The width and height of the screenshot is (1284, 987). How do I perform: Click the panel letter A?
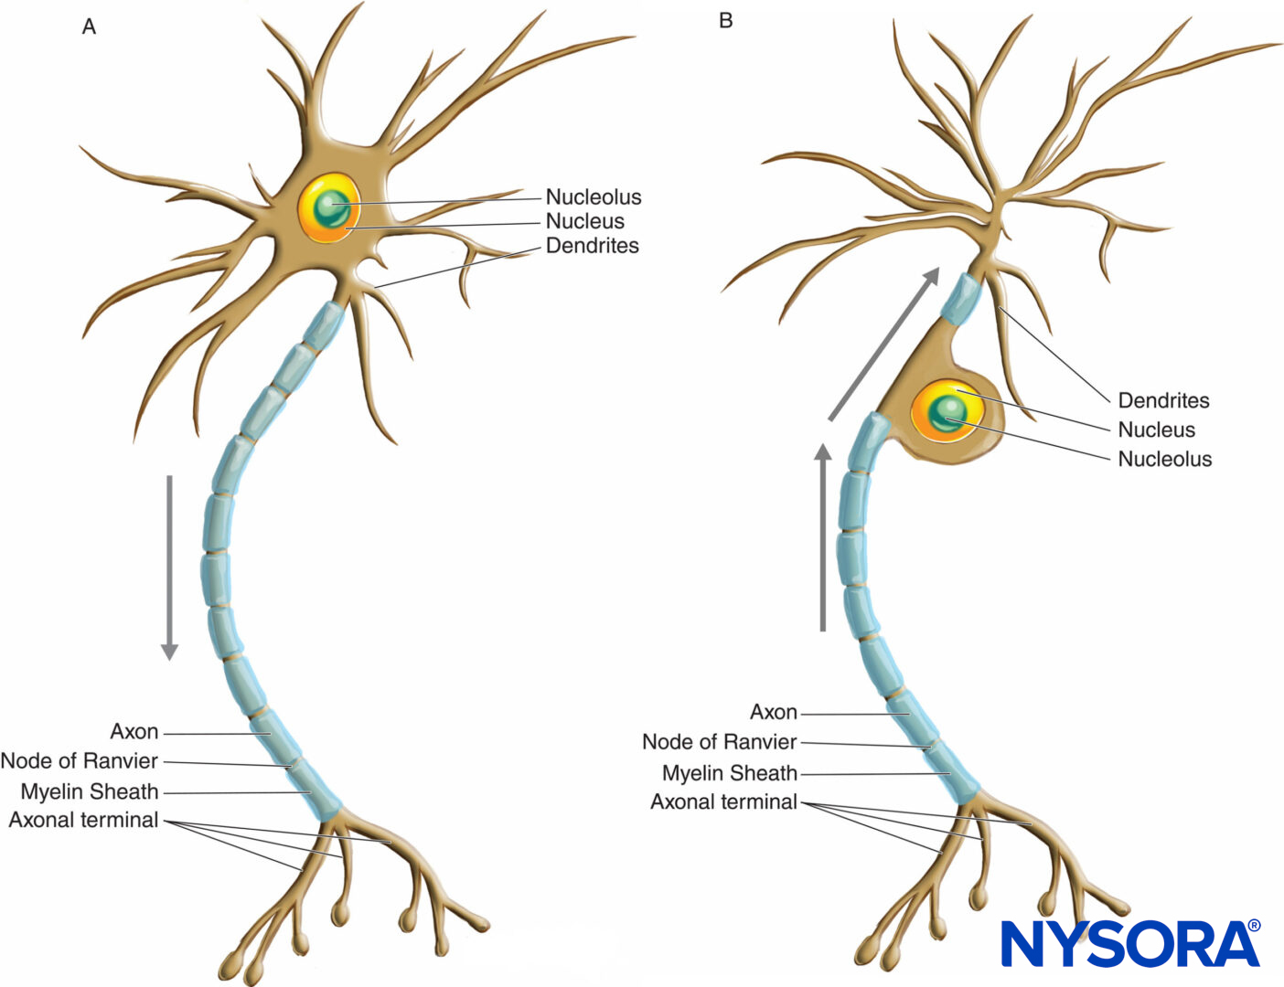coord(89,27)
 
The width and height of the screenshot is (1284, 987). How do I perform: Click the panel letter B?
coord(725,20)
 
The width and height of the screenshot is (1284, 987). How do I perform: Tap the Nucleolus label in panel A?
coord(593,196)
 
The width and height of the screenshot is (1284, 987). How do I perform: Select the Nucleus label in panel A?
coord(584,221)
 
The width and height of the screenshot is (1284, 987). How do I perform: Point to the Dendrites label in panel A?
coord(592,246)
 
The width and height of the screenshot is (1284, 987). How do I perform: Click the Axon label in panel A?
coord(134,732)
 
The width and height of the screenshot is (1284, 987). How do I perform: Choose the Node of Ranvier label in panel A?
coord(80,761)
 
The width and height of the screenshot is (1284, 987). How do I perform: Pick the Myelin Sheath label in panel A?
coord(90,791)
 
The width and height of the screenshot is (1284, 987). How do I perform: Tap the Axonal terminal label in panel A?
coord(83,820)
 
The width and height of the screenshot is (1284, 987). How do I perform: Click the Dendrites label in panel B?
coord(1163,400)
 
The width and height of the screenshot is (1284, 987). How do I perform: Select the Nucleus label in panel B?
coord(1156,430)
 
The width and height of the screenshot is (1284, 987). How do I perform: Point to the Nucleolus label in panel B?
coord(1164,459)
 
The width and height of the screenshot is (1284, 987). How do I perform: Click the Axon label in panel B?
coord(773,712)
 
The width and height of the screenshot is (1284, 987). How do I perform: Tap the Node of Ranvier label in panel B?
coord(719,742)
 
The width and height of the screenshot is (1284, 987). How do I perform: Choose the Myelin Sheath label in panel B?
coord(729,773)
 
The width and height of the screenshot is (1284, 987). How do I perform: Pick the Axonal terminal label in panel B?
coord(723,801)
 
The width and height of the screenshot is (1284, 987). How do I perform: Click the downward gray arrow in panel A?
coord(169,567)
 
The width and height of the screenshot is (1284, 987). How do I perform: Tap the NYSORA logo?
coord(1129,944)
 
